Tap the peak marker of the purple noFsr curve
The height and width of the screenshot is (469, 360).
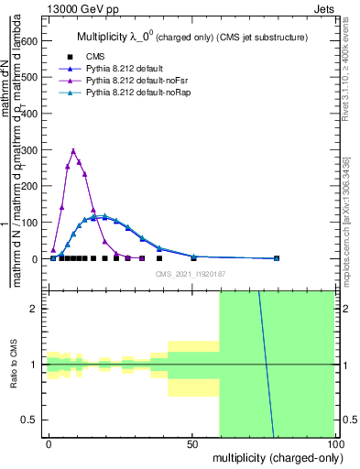pyautogui.click(x=73, y=151)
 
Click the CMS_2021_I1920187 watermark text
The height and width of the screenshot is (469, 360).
pyautogui.click(x=191, y=273)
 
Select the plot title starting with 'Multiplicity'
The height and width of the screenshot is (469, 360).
pyautogui.click(x=190, y=38)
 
